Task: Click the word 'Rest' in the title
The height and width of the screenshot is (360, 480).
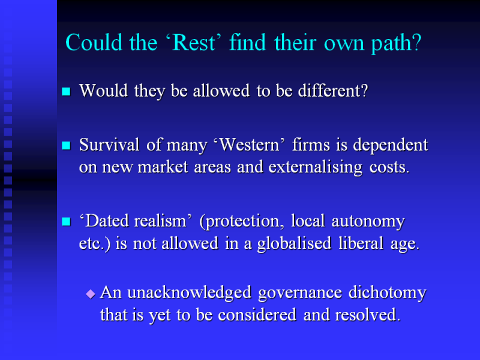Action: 194,43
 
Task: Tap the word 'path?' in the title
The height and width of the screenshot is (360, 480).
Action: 397,44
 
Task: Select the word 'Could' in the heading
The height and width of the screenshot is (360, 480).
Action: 94,42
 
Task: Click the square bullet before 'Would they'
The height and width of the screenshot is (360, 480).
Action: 66,92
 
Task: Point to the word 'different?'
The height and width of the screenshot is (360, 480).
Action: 333,91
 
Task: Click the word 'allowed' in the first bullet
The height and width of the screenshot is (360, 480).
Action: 221,91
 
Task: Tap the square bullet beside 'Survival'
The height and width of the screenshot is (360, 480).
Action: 66,145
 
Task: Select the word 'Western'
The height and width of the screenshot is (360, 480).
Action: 250,145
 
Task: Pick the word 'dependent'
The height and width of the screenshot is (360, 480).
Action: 391,145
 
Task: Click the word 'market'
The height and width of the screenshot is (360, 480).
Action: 163,167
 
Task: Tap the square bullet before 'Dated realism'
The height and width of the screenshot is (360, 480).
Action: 66,221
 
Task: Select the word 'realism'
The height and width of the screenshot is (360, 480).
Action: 160,221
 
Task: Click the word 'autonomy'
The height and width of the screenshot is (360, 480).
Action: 368,221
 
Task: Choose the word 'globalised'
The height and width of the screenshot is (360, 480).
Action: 294,244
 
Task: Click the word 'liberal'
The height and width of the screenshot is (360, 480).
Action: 361,243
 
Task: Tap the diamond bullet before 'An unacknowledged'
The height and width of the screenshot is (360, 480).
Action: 91,294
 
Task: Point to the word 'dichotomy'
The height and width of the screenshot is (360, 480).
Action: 388,292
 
